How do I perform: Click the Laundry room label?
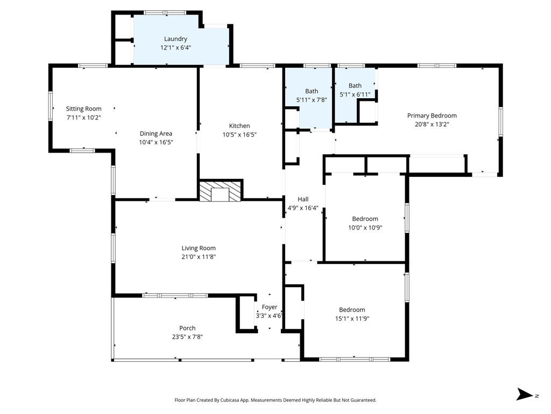pyautogui.click(x=175, y=39)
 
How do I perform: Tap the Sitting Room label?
pyautogui.click(x=83, y=109)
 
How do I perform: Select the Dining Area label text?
pyautogui.click(x=156, y=134)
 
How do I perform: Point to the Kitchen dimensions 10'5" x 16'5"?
pyautogui.click(x=239, y=135)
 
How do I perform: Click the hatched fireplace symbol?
pyautogui.click(x=221, y=192)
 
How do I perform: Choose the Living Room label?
pyautogui.click(x=199, y=249)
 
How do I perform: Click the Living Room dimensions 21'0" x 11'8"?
pyautogui.click(x=199, y=257)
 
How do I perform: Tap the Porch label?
pyautogui.click(x=187, y=328)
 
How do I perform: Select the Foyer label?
pyautogui.click(x=270, y=307)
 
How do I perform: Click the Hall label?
pyautogui.click(x=303, y=199)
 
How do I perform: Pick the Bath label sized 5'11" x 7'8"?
pyautogui.click(x=312, y=92)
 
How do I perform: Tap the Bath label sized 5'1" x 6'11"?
pyautogui.click(x=355, y=86)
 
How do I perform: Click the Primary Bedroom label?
pyautogui.click(x=432, y=115)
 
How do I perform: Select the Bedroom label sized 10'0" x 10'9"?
pyautogui.click(x=365, y=219)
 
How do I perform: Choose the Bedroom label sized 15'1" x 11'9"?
pyautogui.click(x=352, y=310)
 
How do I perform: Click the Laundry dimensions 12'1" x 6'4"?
pyautogui.click(x=175, y=47)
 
